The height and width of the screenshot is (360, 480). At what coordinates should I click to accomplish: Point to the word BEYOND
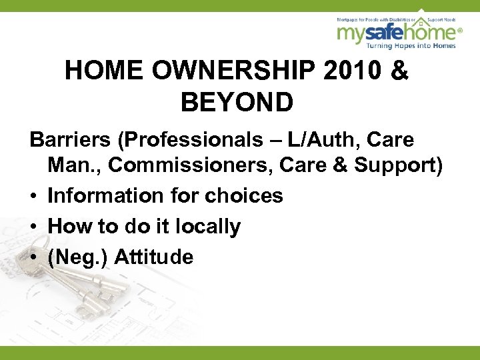coord(237,103)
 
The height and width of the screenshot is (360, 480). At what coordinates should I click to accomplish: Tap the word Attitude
coord(154,257)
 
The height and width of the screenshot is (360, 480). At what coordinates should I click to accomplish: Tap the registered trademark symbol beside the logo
coord(460,30)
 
